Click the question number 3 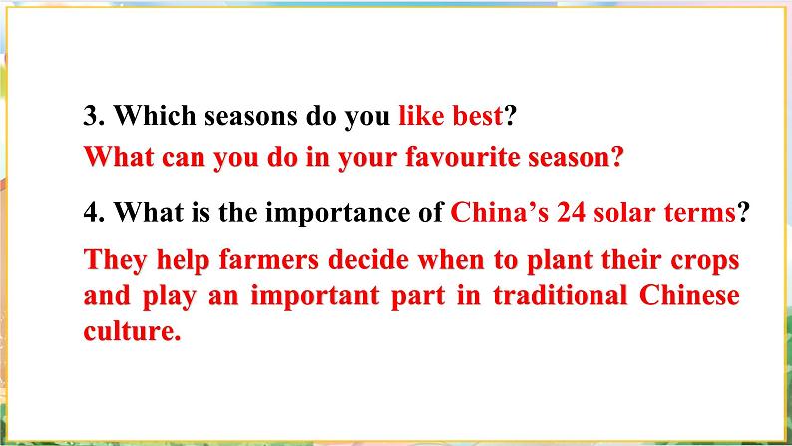pos(94,116)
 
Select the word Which pos(155,115)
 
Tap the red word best pos(478,115)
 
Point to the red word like pos(421,115)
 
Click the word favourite pos(462,157)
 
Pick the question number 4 pos(94,212)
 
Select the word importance pos(337,213)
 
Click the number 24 pos(571,212)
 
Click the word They pos(116,261)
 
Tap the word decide pos(368,260)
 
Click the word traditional pos(560,295)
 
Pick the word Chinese pos(689,295)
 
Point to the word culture pos(132,331)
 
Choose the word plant pos(560,261)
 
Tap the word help pos(183,261)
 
